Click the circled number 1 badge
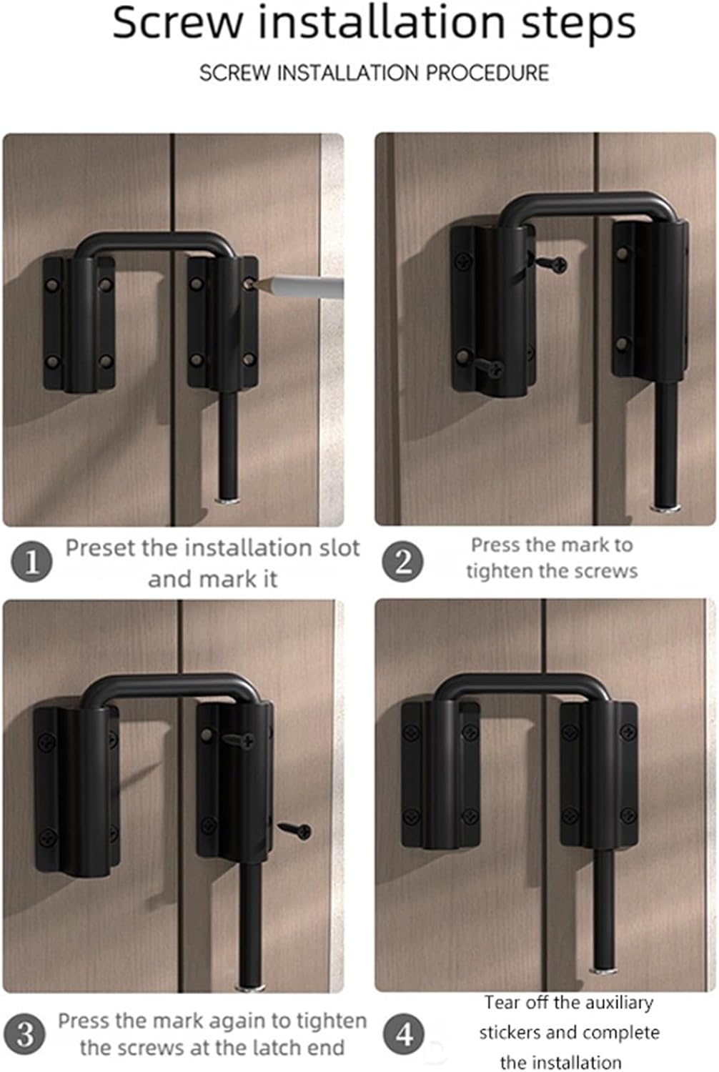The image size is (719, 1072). click(x=31, y=562)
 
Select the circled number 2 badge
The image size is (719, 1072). click(x=403, y=562)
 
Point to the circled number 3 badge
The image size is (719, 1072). click(x=26, y=1034)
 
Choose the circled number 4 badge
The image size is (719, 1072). click(x=405, y=1034)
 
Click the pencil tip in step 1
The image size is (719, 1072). click(x=250, y=284)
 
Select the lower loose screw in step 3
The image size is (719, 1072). click(x=295, y=830)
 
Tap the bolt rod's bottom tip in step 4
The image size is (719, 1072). click(x=604, y=969)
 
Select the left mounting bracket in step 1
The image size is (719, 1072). click(x=79, y=323)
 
